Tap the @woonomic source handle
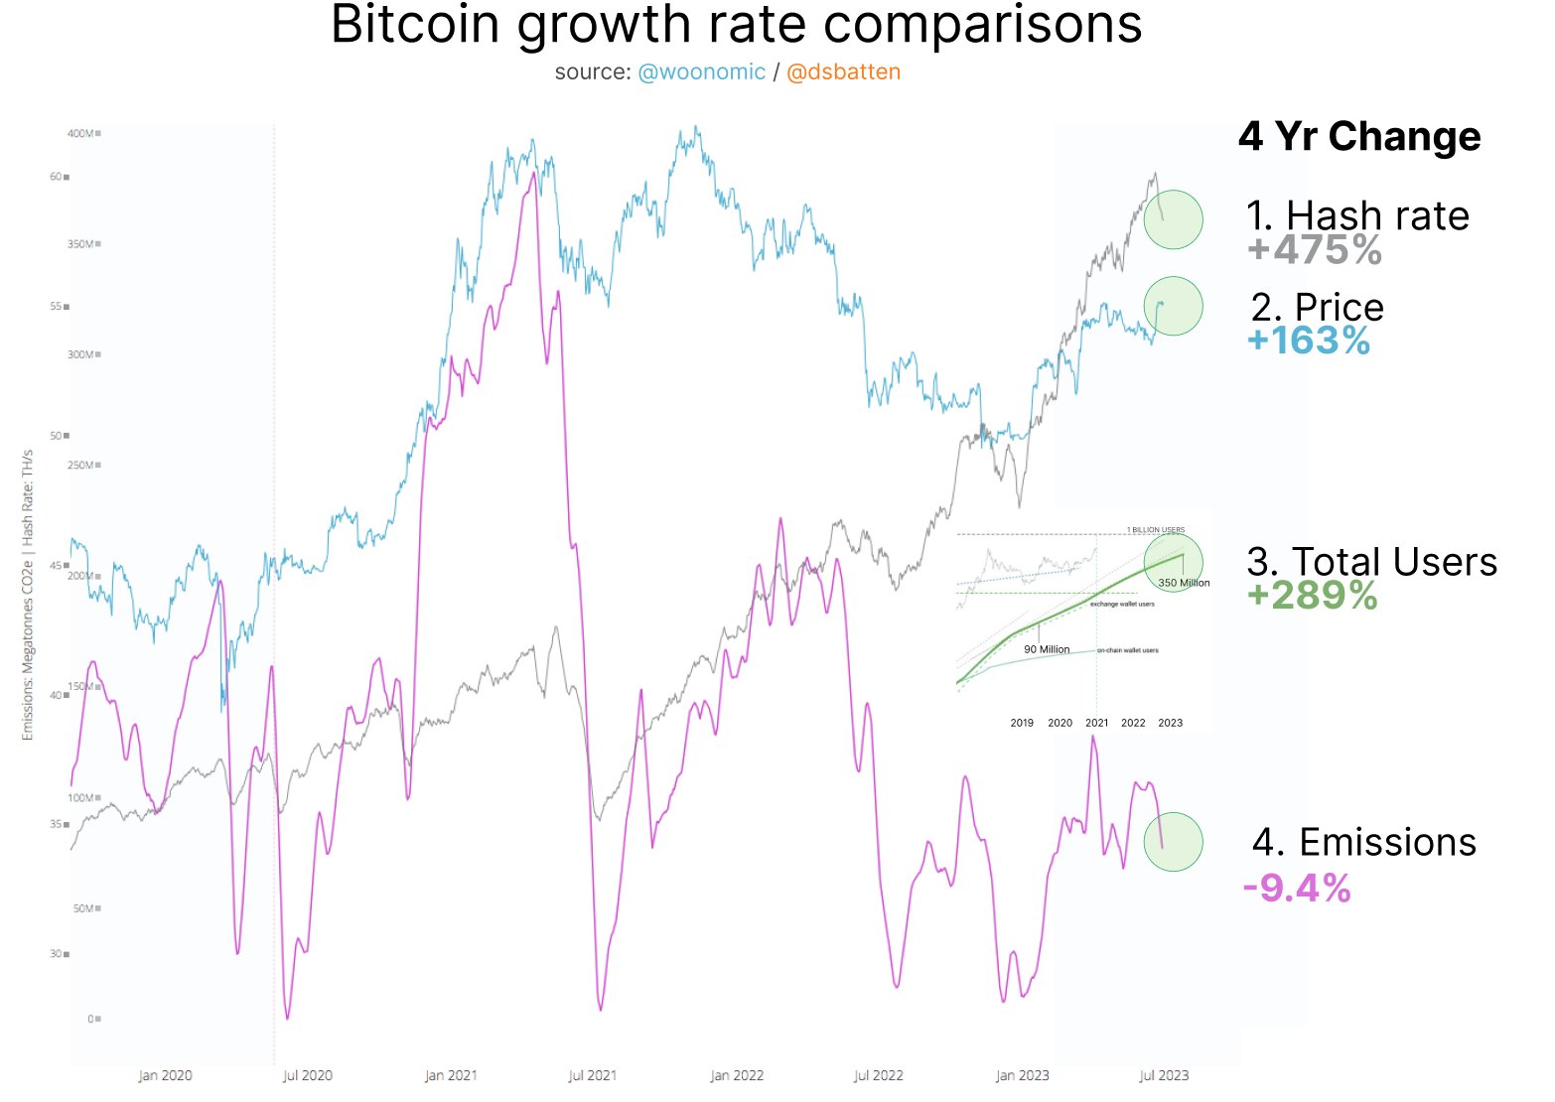point(701,72)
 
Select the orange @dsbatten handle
point(843,72)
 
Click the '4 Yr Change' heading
point(1358,136)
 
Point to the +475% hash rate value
point(1314,250)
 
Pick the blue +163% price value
point(1309,341)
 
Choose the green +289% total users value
point(1312,596)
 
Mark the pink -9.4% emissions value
point(1297,888)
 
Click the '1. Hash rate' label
point(1357,215)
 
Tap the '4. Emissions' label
point(1363,842)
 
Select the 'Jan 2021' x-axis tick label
point(451,1075)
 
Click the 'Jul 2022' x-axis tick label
point(878,1075)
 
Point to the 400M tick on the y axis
point(80,133)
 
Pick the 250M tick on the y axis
point(80,465)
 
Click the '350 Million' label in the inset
point(1184,583)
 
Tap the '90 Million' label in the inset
point(1047,649)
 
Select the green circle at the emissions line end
point(1173,842)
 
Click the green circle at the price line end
point(1173,306)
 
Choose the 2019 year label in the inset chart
point(1022,723)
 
